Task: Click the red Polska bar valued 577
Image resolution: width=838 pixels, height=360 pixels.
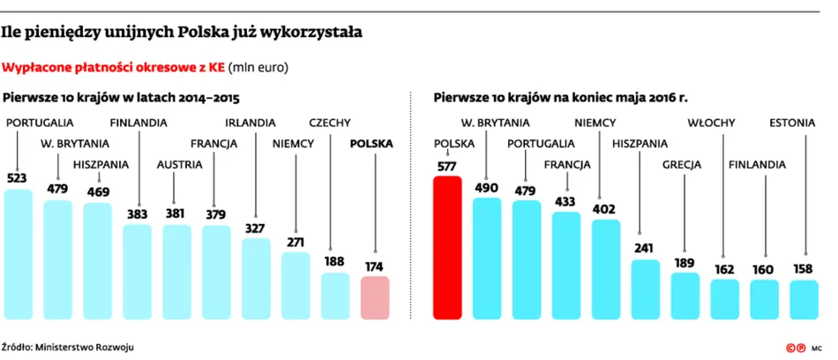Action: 447,248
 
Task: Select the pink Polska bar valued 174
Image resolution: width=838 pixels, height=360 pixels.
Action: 375,298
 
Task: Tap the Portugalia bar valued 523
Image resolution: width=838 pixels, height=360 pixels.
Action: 19,255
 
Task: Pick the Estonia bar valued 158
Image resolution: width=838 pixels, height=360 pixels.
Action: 804,300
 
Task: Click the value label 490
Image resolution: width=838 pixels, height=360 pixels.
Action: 486,188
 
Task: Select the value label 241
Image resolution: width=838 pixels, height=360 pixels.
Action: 645,249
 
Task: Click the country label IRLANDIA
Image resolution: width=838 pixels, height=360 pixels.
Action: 251,123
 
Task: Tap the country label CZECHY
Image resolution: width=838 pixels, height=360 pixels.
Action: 330,123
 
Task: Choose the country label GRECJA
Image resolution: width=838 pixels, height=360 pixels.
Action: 682,165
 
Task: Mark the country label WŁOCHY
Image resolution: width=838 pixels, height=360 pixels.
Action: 711,123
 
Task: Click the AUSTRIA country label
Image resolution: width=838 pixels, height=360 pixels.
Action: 180,165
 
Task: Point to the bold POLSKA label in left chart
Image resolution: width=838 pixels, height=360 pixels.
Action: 370,144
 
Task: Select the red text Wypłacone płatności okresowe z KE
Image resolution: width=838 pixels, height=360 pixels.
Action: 113,69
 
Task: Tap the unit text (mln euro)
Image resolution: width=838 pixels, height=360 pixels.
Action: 258,69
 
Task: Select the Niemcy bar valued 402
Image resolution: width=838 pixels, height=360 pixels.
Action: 605,270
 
